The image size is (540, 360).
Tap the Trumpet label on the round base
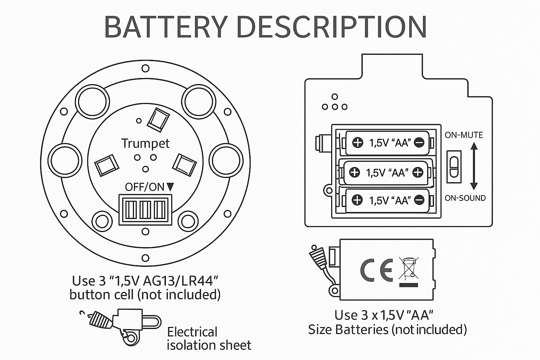point(145,143)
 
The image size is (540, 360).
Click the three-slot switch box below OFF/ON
point(146,210)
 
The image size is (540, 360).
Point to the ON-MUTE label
point(464,135)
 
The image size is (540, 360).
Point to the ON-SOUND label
point(465,198)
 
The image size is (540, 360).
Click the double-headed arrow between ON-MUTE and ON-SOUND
point(474,166)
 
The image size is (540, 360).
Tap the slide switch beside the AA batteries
point(454,167)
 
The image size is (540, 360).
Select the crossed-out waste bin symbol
point(408,270)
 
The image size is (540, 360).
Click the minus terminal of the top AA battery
point(419,143)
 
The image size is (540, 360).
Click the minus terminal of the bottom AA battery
point(419,200)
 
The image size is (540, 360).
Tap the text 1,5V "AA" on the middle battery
point(387,172)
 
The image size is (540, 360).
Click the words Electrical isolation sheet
point(209,339)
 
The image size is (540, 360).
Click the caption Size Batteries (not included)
point(387,329)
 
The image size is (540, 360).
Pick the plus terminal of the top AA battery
point(358,143)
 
